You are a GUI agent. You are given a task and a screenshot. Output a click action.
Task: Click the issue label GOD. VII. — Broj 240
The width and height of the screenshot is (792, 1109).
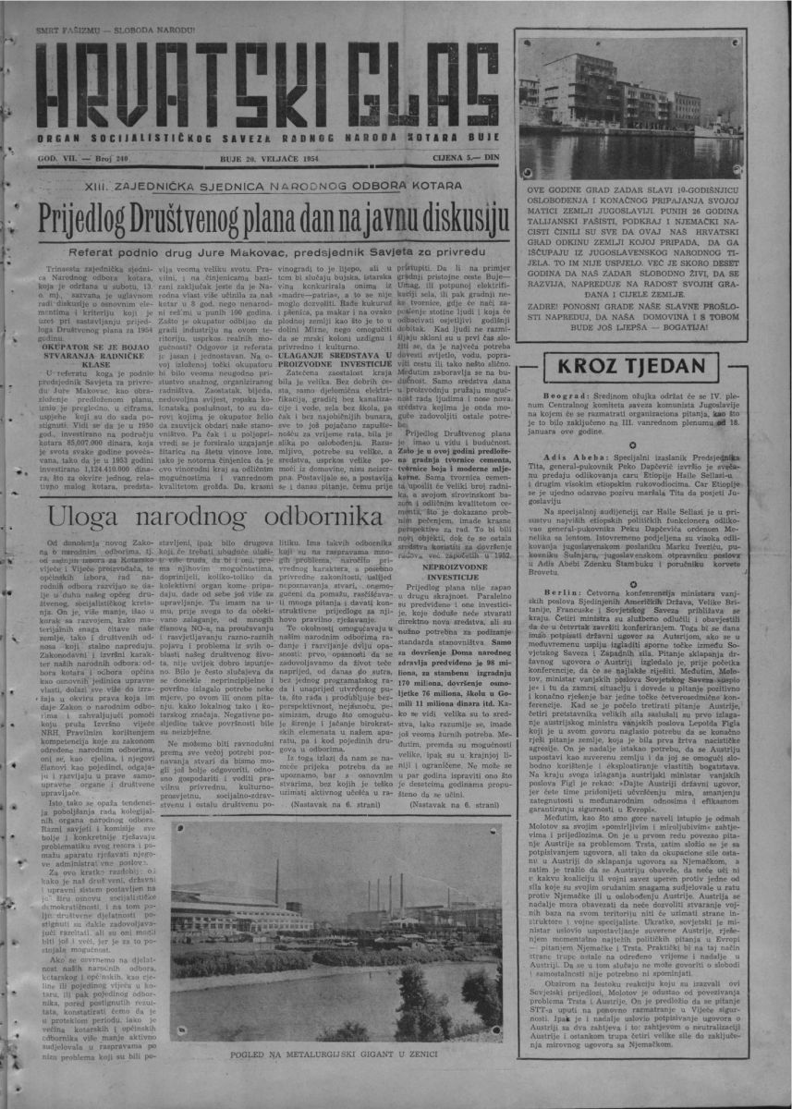point(83,159)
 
